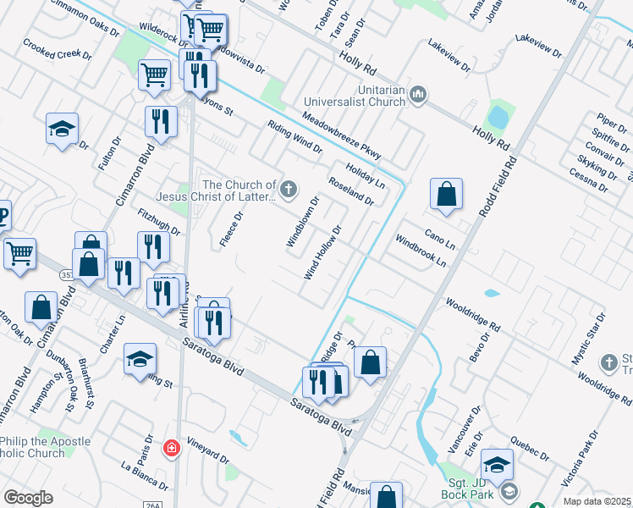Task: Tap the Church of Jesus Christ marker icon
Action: tap(289, 190)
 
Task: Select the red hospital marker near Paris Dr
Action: tap(172, 447)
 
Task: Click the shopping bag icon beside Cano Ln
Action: tap(446, 194)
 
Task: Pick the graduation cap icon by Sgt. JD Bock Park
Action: tap(497, 463)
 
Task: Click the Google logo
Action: tap(28, 498)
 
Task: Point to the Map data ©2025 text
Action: tap(597, 501)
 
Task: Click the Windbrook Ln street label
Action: tap(421, 251)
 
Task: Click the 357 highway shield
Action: tap(66, 276)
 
